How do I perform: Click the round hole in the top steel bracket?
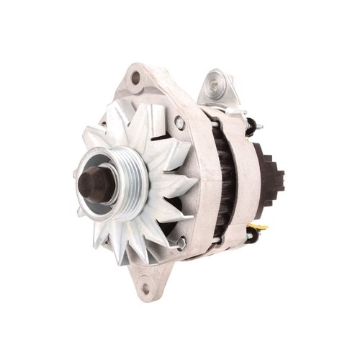[216, 85]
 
